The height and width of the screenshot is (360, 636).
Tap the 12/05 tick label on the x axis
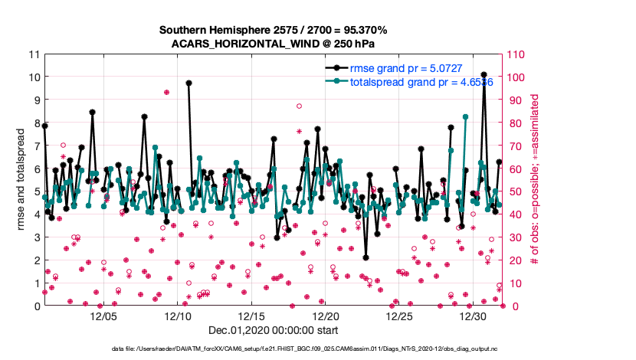103,316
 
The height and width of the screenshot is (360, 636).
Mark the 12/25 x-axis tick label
400,316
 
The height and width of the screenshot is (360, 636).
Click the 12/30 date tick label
474,316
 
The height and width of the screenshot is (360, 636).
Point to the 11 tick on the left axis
33,54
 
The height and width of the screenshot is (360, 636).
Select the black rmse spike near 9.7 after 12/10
189,83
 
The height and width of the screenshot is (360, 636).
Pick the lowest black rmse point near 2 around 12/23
366,257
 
